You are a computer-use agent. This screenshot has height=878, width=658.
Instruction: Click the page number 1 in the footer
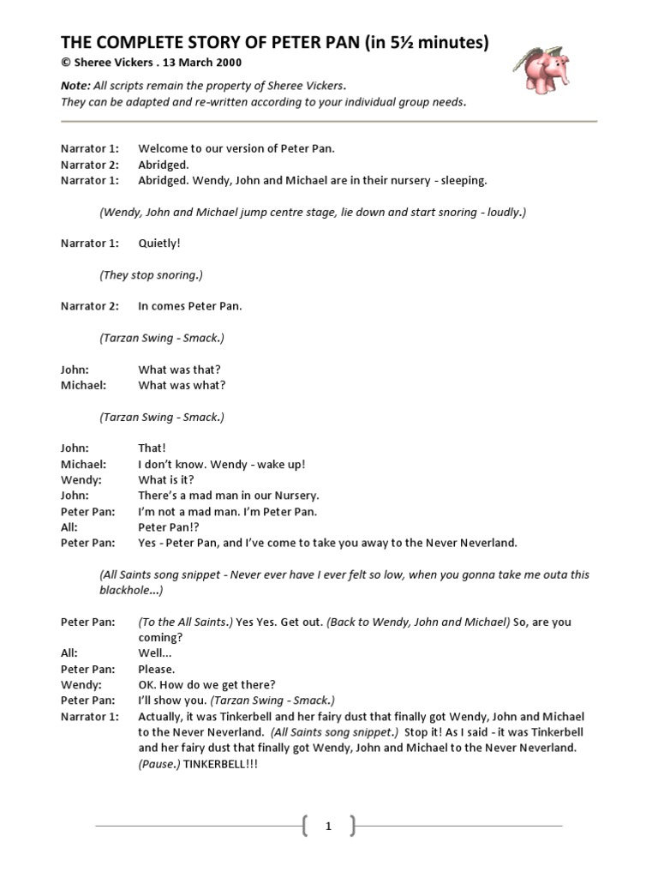328,827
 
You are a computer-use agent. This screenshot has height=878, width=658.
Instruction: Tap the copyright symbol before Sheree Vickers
64,63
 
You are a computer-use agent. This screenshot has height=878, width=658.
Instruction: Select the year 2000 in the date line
227,63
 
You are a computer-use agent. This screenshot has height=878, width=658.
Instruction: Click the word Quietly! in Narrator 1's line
159,244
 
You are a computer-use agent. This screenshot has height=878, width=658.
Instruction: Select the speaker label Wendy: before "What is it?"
81,480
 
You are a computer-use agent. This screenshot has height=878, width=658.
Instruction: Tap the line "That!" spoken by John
152,448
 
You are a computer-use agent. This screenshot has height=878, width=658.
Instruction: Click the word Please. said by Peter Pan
157,669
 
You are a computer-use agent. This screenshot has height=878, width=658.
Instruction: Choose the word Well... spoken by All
155,653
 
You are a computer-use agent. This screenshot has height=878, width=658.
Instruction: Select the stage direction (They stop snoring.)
151,275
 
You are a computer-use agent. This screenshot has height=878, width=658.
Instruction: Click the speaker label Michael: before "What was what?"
83,385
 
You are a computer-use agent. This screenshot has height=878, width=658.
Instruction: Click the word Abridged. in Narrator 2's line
164,165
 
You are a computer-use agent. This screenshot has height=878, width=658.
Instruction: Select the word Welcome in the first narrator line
164,148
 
